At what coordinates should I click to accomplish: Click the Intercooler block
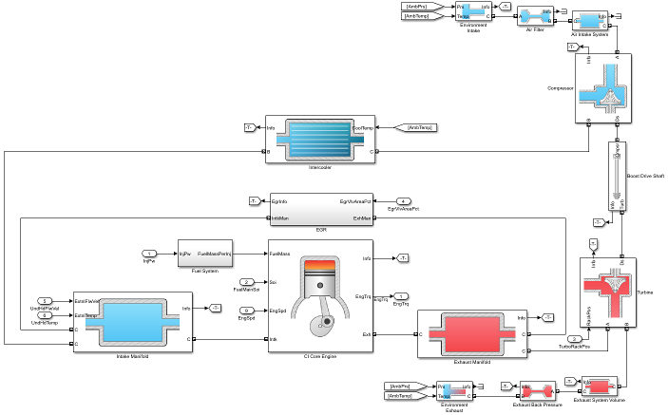point(320,139)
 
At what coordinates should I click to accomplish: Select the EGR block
point(320,210)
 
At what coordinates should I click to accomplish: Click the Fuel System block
point(206,254)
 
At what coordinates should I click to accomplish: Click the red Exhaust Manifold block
point(472,333)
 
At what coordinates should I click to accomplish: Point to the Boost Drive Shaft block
point(616,177)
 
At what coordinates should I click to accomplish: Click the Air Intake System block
point(590,20)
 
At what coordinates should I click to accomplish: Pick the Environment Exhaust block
point(455,390)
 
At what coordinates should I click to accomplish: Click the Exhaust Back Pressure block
point(539,389)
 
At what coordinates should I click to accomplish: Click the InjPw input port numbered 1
point(149,254)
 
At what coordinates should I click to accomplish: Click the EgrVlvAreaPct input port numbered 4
point(404,201)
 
